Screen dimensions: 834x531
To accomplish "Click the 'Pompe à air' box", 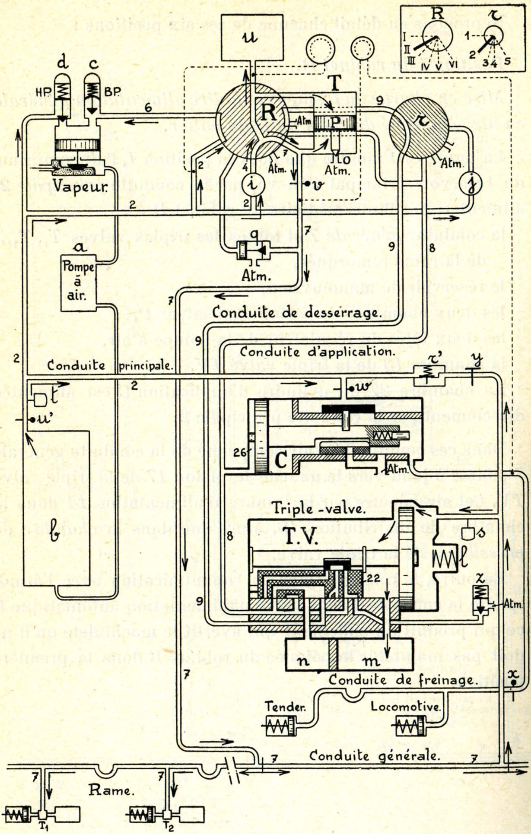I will coord(78,282).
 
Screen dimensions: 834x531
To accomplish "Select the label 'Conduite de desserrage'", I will coord(296,313).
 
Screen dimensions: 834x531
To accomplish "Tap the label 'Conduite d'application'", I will coord(315,351).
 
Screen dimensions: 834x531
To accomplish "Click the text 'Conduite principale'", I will coord(110,366).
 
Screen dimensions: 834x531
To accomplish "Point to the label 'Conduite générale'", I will coord(374,756).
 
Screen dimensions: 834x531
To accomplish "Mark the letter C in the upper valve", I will coord(281,461).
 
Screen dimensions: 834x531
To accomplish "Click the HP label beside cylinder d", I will coord(42,91).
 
